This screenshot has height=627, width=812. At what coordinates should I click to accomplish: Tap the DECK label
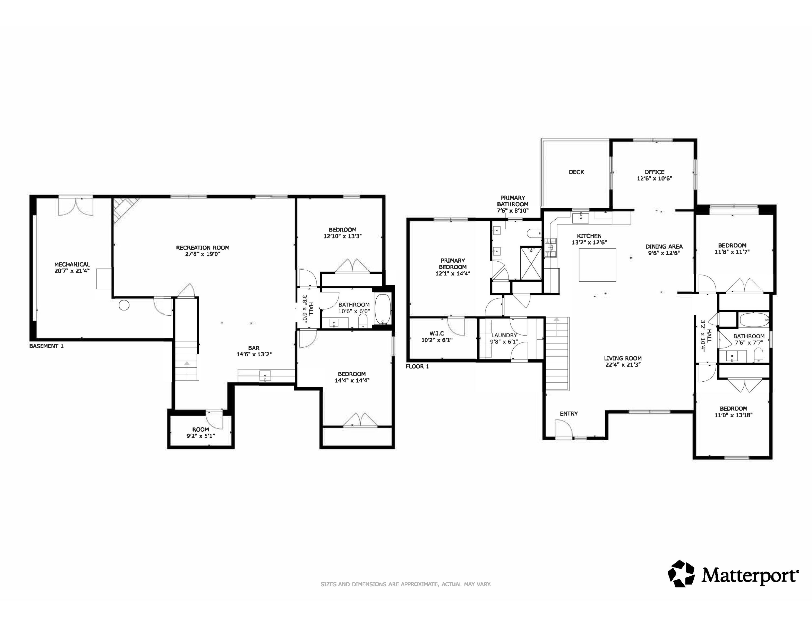(x=576, y=172)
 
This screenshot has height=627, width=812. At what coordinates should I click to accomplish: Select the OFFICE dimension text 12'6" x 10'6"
(x=654, y=178)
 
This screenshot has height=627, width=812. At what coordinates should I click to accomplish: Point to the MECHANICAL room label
(x=72, y=265)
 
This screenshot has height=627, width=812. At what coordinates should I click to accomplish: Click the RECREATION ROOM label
(x=203, y=248)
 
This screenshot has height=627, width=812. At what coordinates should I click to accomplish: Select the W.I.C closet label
(x=436, y=334)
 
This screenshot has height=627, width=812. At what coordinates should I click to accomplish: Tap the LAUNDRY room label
(x=504, y=335)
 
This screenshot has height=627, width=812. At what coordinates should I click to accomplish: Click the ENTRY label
(x=569, y=413)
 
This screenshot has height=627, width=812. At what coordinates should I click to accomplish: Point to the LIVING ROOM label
(x=623, y=358)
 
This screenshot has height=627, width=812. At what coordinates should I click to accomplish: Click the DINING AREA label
(x=664, y=246)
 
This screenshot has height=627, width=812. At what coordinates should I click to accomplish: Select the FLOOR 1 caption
(x=417, y=366)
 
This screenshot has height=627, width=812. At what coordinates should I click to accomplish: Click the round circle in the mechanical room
(x=124, y=305)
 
